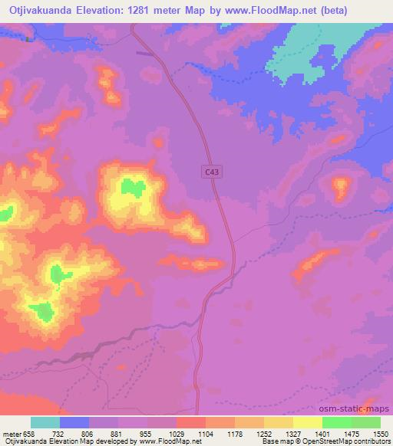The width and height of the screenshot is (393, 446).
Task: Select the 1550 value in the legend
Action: [x=381, y=433]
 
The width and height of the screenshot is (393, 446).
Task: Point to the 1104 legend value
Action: [x=205, y=433]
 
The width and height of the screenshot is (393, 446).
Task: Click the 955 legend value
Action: [x=147, y=433]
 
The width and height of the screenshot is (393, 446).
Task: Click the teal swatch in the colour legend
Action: [x=45, y=422]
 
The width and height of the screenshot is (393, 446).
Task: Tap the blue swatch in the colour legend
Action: [x=74, y=422]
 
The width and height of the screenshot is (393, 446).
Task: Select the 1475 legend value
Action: [x=352, y=433]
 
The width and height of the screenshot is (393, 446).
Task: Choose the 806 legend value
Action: [x=88, y=433]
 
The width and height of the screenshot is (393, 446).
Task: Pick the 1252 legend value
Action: [x=264, y=433]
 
